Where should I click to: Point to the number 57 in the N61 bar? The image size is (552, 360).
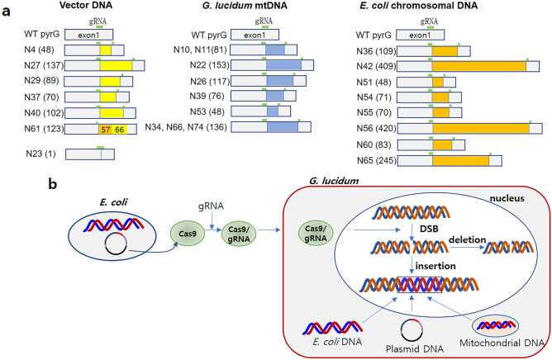[x=105, y=129]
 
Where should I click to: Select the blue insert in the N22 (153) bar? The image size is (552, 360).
[x=283, y=64]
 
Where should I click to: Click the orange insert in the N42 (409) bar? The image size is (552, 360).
[x=479, y=64]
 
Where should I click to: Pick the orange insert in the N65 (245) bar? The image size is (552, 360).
[x=460, y=160]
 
